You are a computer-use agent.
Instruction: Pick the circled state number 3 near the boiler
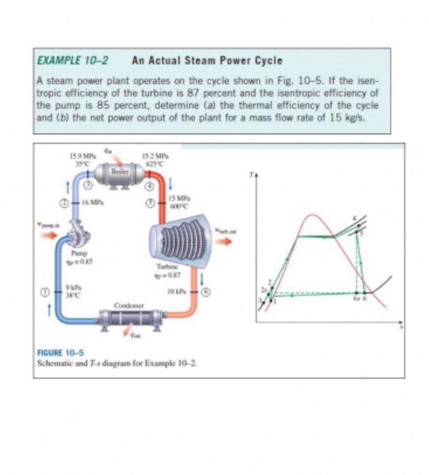(x=88, y=185)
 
